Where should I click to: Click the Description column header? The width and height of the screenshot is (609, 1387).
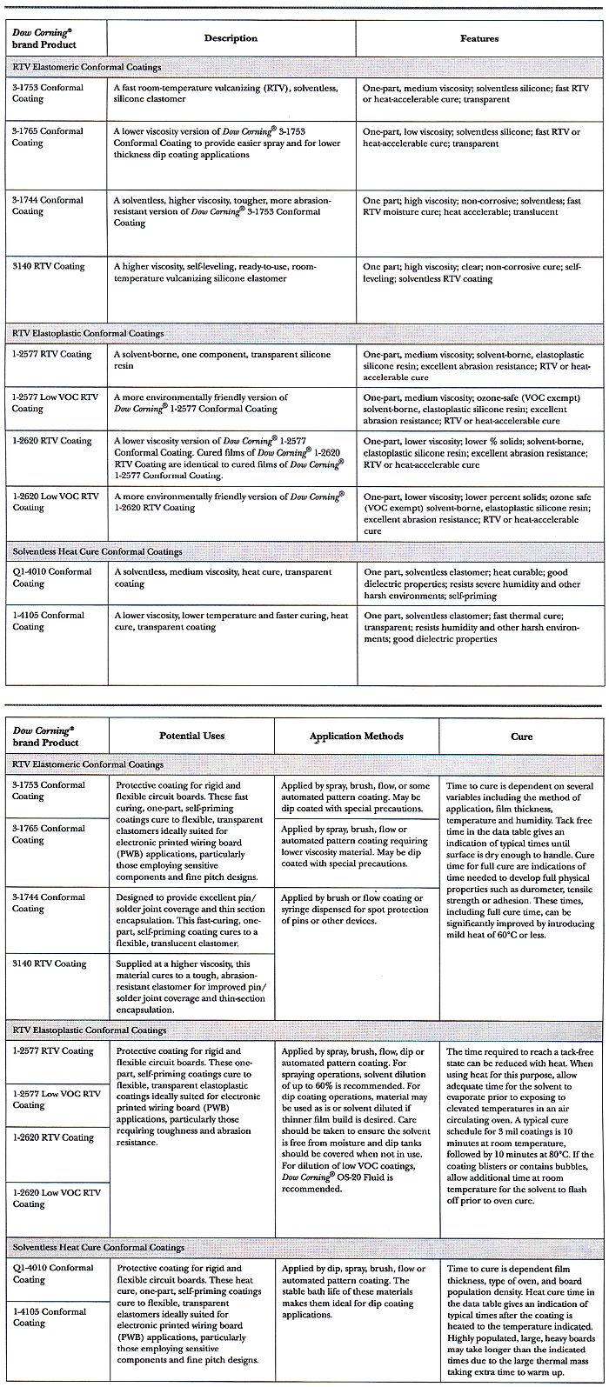pyautogui.click(x=231, y=38)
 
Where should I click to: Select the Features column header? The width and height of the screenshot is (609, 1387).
pyautogui.click(x=479, y=38)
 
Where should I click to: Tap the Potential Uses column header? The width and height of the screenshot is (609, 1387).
pyautogui.click(x=191, y=736)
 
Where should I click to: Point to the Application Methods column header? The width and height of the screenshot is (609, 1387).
pyautogui.click(x=356, y=737)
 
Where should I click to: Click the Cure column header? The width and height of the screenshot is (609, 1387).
pyautogui.click(x=521, y=737)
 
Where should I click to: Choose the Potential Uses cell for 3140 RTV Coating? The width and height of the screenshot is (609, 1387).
pyautogui.click(x=192, y=987)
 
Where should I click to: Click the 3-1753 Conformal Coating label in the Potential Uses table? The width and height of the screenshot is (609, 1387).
pyautogui.click(x=52, y=790)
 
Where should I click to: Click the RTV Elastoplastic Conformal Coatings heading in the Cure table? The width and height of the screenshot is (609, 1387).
pyautogui.click(x=90, y=1030)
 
